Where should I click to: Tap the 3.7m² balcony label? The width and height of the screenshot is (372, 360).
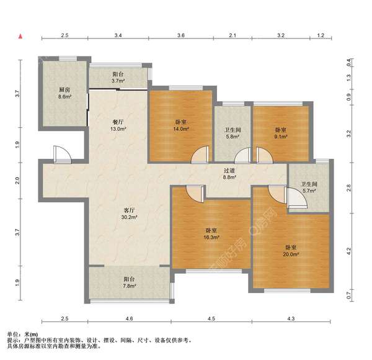coord(118,76)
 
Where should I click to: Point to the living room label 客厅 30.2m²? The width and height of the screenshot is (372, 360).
coord(130,214)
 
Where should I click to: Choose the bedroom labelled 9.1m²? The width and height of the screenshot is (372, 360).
coord(281,133)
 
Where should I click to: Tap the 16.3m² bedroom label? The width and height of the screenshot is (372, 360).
coord(211,233)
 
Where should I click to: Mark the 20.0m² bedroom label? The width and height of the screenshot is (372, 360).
coord(291,250)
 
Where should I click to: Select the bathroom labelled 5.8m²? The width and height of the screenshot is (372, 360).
coord(232,133)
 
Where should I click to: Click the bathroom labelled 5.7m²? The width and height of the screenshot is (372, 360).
coord(308,187)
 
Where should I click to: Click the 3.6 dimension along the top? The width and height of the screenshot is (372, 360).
coord(181,36)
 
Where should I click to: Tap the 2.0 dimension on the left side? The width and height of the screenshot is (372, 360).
coord(19,181)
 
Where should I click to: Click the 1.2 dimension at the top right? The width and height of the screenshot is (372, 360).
coord(321,36)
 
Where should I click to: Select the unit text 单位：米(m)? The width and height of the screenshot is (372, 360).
coord(23,334)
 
